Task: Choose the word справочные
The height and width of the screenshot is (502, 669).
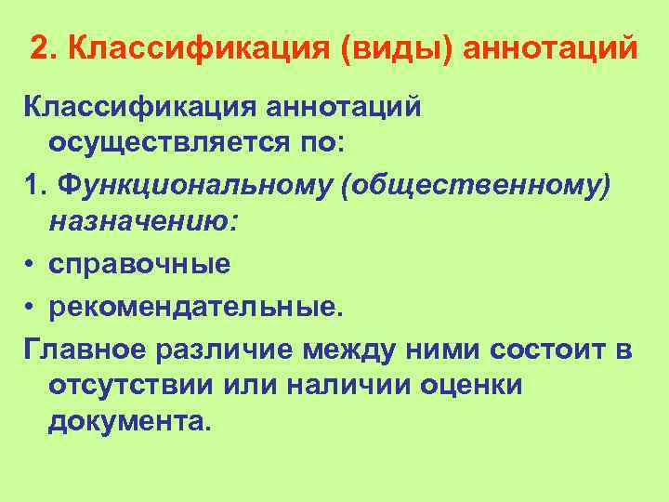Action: point(139,265)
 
